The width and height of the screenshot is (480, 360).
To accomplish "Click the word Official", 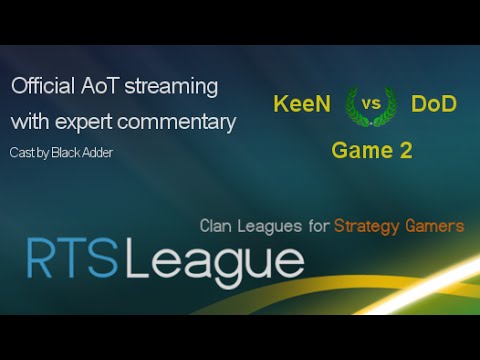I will tap(42, 87).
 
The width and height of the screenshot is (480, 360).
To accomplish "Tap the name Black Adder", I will tap(84, 152).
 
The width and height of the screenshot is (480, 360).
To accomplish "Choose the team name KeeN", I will tap(303, 103).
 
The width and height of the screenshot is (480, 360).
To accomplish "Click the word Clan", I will tap(223, 226).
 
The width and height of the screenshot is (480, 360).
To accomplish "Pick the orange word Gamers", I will tap(438, 226).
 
